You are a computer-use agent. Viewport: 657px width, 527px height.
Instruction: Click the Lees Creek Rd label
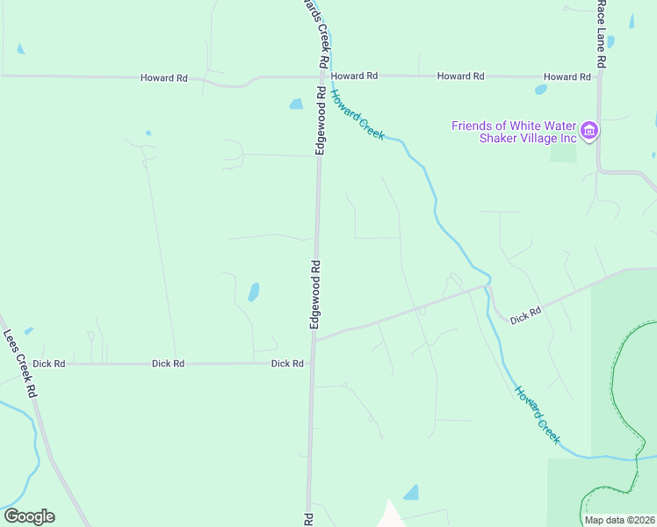click(20, 364)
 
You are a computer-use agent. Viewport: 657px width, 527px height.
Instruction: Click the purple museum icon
click(589, 132)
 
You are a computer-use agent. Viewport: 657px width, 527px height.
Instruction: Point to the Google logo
click(29, 516)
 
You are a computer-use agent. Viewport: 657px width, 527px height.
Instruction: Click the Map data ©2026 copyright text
click(618, 520)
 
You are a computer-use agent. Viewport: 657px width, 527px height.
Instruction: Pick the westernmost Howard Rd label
click(164, 78)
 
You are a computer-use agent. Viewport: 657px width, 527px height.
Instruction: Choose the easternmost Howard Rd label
click(567, 77)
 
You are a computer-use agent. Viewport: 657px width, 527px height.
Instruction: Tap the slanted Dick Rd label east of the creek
click(525, 314)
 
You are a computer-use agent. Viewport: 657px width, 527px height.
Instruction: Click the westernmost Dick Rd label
click(48, 364)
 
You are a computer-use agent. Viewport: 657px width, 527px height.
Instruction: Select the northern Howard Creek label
click(357, 116)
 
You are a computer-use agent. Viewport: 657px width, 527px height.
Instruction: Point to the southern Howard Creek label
click(537, 415)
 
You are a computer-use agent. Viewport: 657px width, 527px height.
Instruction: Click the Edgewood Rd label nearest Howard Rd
click(321, 120)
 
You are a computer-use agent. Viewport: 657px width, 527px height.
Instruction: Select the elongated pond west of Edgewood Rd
click(254, 292)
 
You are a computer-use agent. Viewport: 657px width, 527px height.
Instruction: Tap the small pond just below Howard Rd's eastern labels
click(541, 89)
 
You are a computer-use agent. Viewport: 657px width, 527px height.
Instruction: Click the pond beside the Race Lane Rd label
click(611, 41)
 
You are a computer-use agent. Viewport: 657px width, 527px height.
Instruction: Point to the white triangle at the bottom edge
click(389, 516)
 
